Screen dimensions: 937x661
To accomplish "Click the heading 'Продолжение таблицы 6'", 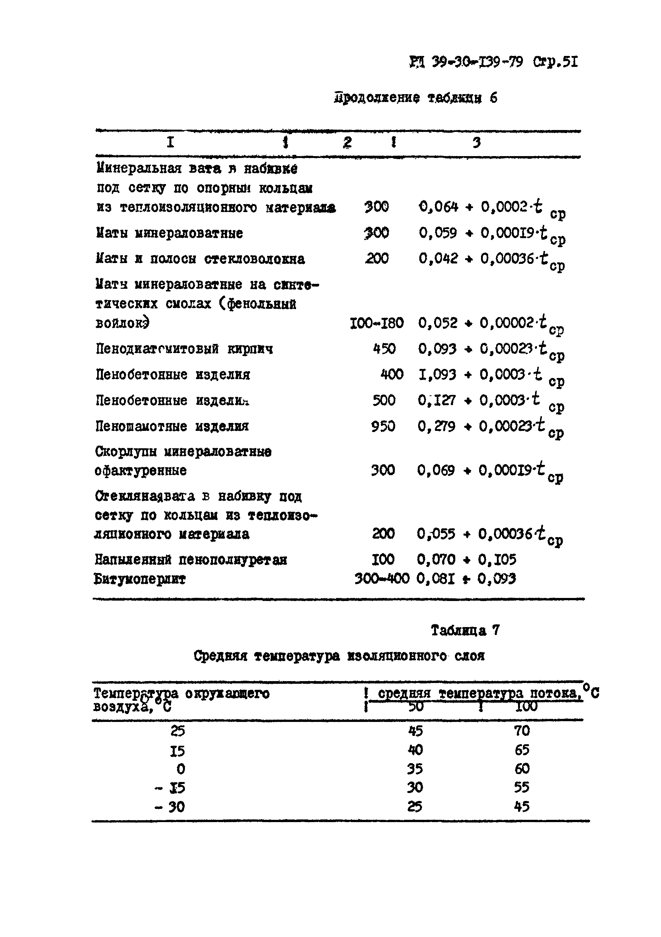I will pos(415,98).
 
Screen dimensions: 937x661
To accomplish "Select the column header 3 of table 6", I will pos(476,142).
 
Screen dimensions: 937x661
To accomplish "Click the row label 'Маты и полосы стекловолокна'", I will pos(200,259).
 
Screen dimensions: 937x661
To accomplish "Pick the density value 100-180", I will pos(376,323).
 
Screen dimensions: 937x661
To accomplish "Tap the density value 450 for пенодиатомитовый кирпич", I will pos(384,348).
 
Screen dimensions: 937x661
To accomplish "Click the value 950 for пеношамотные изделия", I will pos(383,426).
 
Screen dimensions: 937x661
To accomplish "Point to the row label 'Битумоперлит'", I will pos(140,579).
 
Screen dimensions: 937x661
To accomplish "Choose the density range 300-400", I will pos(381,578).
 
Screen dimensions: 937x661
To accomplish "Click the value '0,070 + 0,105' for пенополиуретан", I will pos(466,559).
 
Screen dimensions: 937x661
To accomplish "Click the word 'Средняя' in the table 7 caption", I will pos(220,656).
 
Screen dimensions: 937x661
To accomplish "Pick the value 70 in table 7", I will pos(521,731).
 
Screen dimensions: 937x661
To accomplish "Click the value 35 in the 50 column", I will pos(415,769).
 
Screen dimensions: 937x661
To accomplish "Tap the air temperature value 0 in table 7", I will pos(180,769).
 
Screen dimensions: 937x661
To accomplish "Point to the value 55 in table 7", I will pos(521,787).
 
